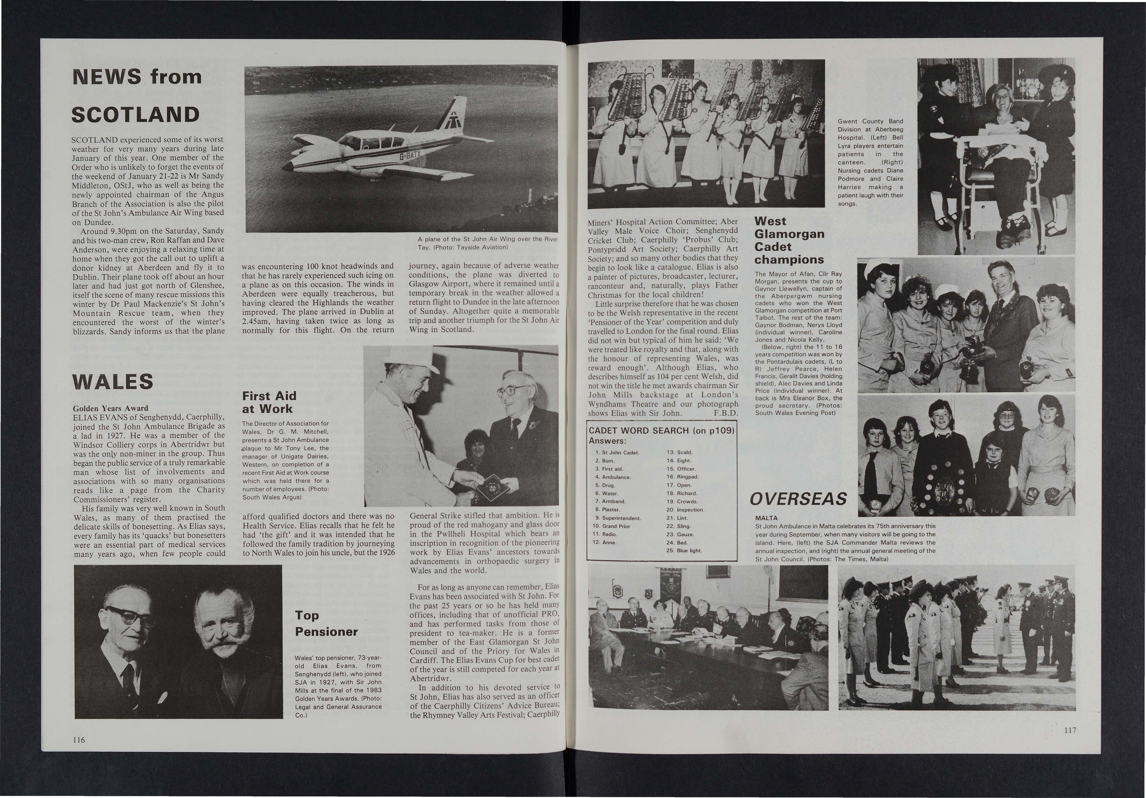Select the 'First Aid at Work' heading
(269, 403)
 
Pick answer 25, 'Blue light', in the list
(684, 550)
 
